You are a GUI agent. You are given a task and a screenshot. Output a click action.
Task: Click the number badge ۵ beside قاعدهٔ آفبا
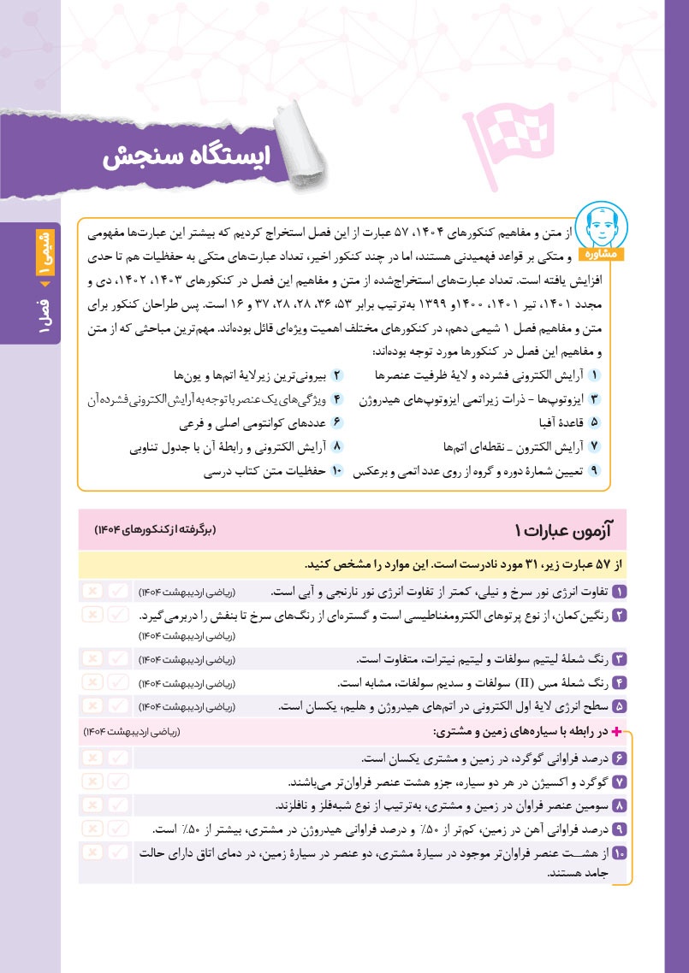click(595, 422)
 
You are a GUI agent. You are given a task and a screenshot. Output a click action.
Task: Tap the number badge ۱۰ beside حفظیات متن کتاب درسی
click(336, 470)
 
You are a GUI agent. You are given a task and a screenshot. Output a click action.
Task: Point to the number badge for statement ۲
click(619, 615)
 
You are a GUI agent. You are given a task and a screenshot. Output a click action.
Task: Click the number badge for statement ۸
click(619, 805)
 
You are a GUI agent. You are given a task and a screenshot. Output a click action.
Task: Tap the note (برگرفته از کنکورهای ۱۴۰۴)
click(157, 531)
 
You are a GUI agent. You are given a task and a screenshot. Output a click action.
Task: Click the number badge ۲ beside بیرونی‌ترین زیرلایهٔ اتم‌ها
click(337, 375)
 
